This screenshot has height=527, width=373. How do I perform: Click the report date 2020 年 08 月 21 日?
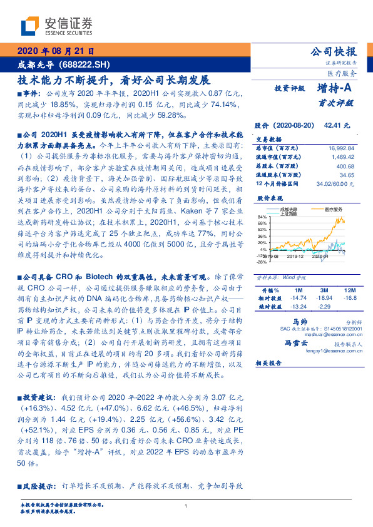click(54, 51)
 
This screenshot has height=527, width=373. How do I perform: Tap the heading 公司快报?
click(335, 52)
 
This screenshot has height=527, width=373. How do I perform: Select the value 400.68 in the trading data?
click(345, 166)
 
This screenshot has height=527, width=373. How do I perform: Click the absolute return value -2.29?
click(324, 307)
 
